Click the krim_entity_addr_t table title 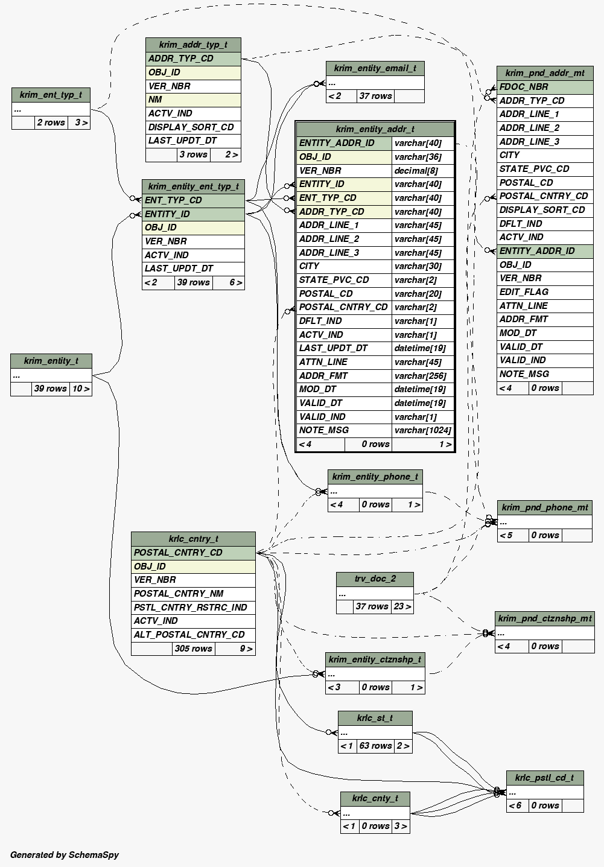point(375,129)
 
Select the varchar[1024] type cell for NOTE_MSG point(422,430)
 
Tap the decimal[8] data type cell point(416,171)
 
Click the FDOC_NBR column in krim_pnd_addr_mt point(524,87)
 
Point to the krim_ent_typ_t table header point(51,95)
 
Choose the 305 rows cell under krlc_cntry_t point(193,649)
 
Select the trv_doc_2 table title point(375,579)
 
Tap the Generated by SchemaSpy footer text point(65,854)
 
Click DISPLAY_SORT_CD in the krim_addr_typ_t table point(191,127)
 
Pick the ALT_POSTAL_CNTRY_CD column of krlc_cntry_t point(189,635)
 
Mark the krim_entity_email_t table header point(375,68)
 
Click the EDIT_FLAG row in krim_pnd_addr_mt point(524,292)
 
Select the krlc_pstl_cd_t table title point(544,777)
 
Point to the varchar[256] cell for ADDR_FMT point(422,376)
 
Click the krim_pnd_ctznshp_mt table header point(544,618)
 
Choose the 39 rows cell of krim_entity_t point(51,389)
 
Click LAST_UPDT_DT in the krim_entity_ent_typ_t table point(179,268)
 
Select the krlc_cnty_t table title point(375,798)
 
